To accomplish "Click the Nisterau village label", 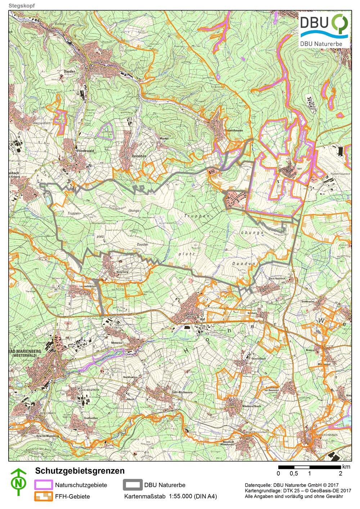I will point(117,343).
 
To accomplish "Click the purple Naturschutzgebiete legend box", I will point(43,485).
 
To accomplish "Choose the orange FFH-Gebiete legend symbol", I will point(43,496).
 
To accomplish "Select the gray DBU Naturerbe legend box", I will point(132,485).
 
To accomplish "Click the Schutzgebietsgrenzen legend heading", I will point(80,471).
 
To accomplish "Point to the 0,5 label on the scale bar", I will point(293,473).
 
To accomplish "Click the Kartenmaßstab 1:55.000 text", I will point(171,497).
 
